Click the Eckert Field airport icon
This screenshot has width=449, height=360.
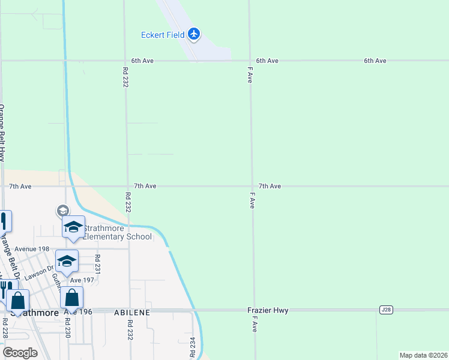[x=193, y=34]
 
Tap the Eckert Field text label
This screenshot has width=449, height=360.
[x=162, y=35]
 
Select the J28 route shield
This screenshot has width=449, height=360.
[x=386, y=310]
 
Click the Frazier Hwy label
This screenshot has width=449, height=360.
[x=268, y=311]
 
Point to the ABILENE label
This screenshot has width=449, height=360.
[x=129, y=313]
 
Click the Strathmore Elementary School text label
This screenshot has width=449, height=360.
[x=116, y=232]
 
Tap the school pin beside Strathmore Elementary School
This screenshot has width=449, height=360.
[x=74, y=228]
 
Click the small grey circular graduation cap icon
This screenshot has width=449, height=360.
[x=62, y=211]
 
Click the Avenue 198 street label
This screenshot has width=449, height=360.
[x=32, y=249]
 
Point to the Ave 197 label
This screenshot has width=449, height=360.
[x=83, y=280]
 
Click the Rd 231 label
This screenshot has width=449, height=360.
[x=97, y=264]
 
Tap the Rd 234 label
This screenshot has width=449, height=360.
[x=193, y=347]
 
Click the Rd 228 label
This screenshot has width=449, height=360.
[x=5, y=329]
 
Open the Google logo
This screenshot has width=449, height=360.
[x=20, y=353]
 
